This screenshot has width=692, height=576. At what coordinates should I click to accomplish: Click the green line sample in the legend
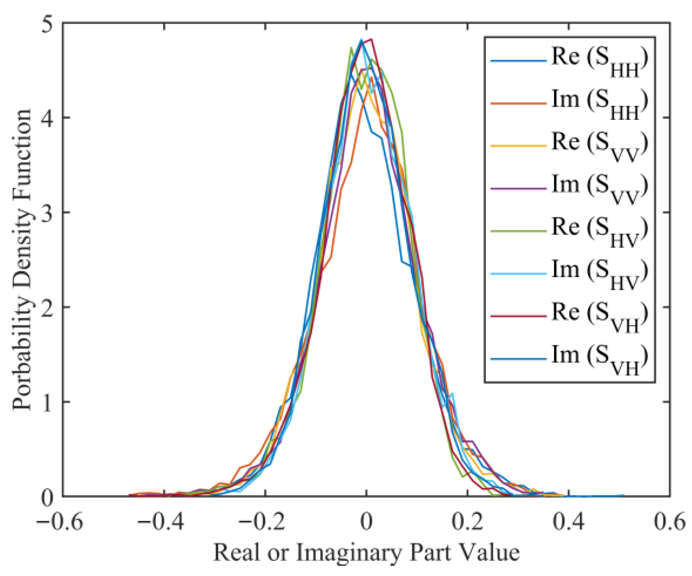tap(518, 231)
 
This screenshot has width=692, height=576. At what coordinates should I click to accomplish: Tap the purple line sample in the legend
tap(518, 189)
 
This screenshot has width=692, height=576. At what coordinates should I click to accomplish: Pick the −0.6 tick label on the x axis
tap(60, 522)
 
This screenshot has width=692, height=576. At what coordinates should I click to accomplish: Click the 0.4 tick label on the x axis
tap(569, 522)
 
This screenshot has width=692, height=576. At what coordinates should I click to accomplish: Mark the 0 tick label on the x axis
tap(366, 522)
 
